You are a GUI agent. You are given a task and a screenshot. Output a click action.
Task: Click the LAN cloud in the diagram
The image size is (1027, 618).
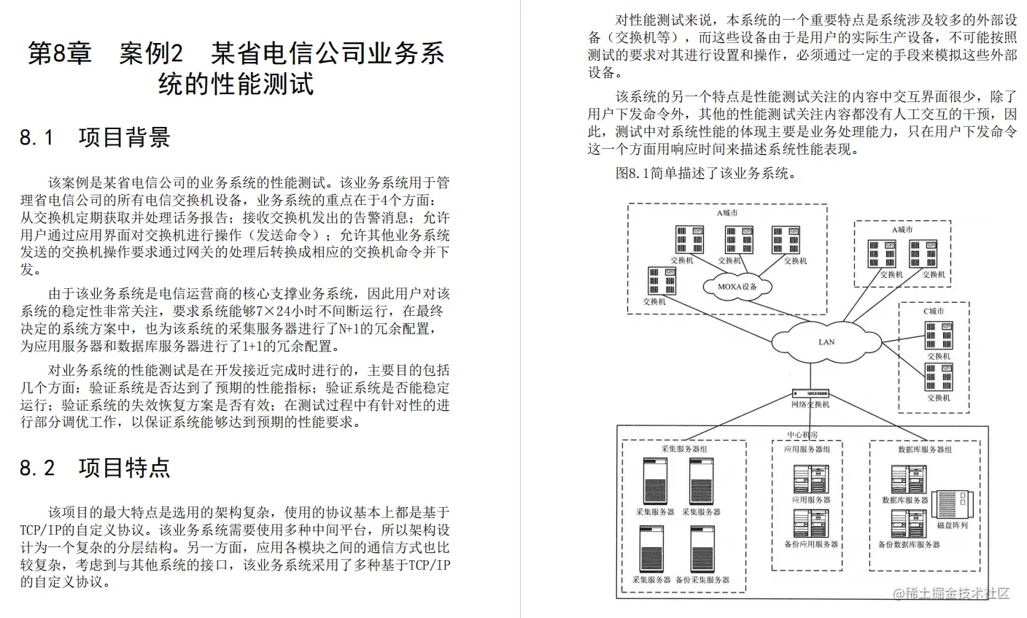point(826,341)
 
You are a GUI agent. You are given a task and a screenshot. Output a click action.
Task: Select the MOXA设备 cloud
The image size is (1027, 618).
point(737,287)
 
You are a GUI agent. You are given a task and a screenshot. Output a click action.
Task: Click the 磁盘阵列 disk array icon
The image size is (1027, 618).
point(951,505)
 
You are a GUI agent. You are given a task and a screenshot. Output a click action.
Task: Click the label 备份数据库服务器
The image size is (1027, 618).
point(908,544)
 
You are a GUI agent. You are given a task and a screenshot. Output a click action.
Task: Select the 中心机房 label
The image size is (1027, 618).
point(802,435)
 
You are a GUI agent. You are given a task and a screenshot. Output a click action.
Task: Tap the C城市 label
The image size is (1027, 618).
point(933,312)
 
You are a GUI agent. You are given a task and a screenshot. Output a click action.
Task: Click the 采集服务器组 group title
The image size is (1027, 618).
point(683,449)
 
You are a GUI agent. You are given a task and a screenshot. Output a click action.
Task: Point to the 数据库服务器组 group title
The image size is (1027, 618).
point(924,449)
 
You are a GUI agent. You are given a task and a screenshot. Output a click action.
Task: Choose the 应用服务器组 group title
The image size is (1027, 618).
point(807,449)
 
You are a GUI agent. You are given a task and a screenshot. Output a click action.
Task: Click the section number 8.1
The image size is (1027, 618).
point(37,138)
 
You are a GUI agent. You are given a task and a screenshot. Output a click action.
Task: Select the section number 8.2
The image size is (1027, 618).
point(37,468)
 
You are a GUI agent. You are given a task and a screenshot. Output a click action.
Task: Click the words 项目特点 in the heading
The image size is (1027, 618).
point(124,468)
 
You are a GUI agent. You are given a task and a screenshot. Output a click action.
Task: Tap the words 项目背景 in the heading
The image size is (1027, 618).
point(124,138)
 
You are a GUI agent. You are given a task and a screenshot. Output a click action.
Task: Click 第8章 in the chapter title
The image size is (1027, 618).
point(59,54)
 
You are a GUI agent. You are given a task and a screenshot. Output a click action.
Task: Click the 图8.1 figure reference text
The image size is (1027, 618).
point(632,174)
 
